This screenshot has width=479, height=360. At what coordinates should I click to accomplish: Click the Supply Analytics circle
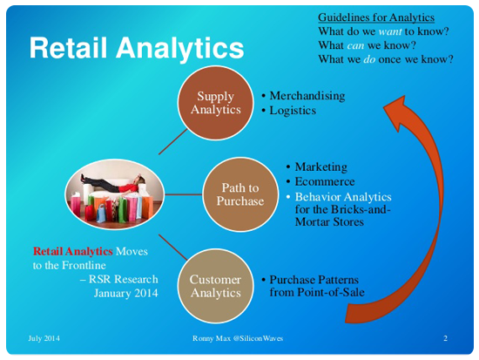[216, 103]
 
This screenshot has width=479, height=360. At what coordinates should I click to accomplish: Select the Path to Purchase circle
[240, 194]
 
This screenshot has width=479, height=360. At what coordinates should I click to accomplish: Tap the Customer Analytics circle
[216, 286]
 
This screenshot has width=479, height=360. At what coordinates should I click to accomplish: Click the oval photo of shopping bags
[115, 194]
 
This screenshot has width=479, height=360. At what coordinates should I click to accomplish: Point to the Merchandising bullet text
[307, 96]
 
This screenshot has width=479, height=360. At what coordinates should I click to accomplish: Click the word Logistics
[293, 111]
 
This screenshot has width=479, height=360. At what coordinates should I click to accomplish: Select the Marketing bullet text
[320, 167]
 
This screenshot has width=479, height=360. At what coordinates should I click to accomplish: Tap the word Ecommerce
[325, 181]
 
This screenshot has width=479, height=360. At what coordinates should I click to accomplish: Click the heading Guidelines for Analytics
[376, 17]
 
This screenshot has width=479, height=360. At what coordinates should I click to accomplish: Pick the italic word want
[390, 31]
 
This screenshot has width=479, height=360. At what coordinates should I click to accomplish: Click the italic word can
[355, 45]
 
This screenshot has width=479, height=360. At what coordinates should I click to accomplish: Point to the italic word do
[369, 59]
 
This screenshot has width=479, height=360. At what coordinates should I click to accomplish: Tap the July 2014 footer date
[44, 338]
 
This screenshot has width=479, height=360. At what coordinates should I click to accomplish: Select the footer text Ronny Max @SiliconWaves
[238, 338]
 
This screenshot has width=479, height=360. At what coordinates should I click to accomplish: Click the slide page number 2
[445, 338]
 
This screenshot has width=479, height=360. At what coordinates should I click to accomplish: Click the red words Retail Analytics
[72, 251]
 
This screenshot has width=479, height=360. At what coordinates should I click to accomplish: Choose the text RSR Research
[124, 279]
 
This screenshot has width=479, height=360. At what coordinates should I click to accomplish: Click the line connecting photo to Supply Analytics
[173, 141]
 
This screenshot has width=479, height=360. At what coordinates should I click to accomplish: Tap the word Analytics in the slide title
[179, 48]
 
